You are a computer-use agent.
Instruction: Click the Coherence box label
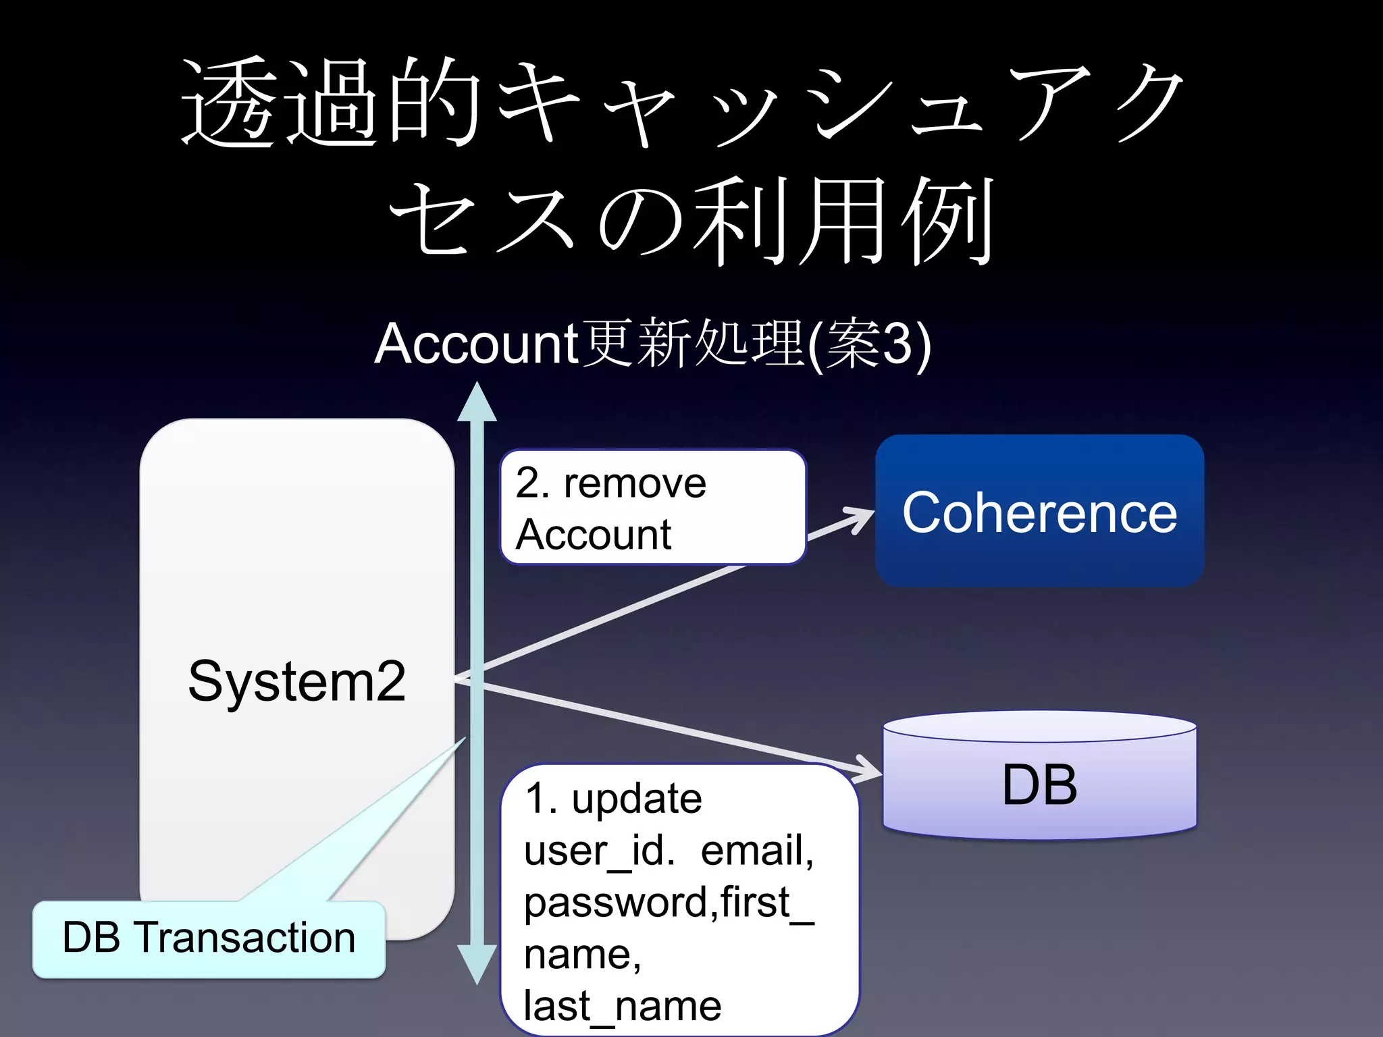[x=1039, y=512]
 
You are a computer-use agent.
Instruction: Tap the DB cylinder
[x=1039, y=783]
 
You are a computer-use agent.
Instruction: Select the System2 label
[x=296, y=681]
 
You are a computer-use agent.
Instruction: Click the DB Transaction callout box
[x=209, y=938]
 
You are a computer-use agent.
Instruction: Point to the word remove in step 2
[x=635, y=483]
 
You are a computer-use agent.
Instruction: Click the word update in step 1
[x=637, y=799]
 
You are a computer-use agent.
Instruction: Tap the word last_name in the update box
[x=623, y=1005]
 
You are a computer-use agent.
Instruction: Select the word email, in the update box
[x=757, y=850]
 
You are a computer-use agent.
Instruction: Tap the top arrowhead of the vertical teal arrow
[x=477, y=402]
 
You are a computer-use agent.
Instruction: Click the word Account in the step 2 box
[x=593, y=535]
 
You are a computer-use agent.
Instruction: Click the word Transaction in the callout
[x=246, y=938]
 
